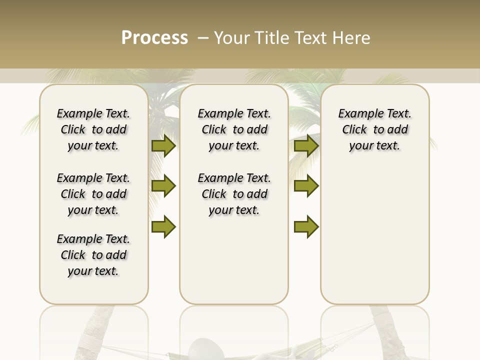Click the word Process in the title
tap(154, 37)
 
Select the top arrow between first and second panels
tap(163, 145)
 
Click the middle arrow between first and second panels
tap(163, 186)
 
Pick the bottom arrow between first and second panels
tap(163, 227)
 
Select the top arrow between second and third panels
tap(306, 145)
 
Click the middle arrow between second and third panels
tap(306, 186)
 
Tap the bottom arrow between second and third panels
tap(306, 227)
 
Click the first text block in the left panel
tap(93, 129)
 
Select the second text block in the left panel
tap(93, 194)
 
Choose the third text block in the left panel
tap(93, 255)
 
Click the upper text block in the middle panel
tap(234, 129)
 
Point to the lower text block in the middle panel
tap(234, 194)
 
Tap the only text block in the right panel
tap(374, 129)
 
